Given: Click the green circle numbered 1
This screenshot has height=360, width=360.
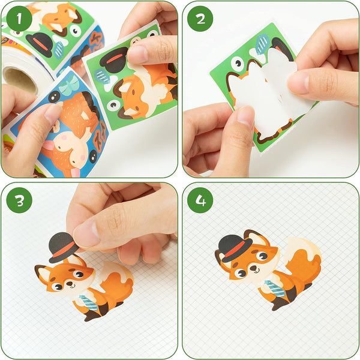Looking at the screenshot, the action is (19, 19).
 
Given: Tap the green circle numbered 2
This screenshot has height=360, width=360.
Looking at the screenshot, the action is (200, 19).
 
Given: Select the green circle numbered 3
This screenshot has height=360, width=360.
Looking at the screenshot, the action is (19, 200).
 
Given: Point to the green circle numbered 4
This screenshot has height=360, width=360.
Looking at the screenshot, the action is (200, 200).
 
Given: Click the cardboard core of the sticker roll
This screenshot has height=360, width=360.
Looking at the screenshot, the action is (19, 78).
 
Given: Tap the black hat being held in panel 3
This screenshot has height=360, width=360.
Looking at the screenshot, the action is (62, 247).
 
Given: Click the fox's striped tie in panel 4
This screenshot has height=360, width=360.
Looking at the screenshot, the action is (275, 289).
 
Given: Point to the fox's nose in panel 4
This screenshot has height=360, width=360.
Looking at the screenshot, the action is (253, 268).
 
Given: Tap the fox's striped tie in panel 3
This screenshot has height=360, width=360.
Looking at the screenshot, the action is (88, 302).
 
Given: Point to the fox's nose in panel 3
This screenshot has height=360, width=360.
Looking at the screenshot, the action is (70, 284).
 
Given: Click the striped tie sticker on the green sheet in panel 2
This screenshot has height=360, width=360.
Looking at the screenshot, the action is (262, 44).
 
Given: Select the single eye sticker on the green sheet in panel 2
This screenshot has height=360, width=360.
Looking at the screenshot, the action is (238, 63).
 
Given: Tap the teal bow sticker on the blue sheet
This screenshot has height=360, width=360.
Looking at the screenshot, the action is (68, 85).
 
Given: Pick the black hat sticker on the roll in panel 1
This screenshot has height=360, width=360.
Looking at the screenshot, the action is (40, 44).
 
